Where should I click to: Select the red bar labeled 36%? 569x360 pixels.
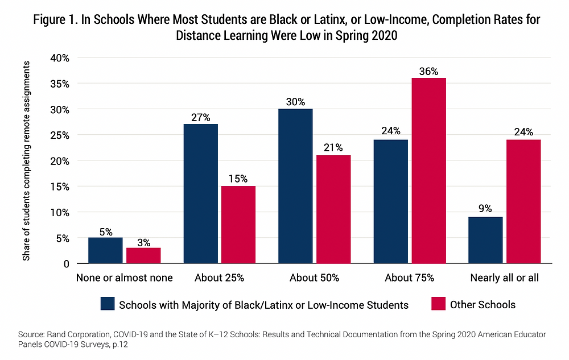(428, 171)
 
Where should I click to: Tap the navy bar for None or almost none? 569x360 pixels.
(105, 250)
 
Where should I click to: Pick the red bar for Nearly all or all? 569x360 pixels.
(523, 201)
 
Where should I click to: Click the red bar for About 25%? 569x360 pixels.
(238, 225)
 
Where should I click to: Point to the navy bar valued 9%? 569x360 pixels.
(485, 240)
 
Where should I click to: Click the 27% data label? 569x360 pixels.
(200, 118)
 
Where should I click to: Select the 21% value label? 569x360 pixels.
(333, 148)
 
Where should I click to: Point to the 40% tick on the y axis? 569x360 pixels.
(60, 58)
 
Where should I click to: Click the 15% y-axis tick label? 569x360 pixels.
(60, 187)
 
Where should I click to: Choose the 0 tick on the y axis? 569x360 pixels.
(66, 264)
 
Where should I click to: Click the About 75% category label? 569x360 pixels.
(409, 278)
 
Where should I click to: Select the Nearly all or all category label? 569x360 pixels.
(505, 278)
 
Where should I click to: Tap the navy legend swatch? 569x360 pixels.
(108, 304)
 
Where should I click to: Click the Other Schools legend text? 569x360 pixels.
(483, 305)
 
